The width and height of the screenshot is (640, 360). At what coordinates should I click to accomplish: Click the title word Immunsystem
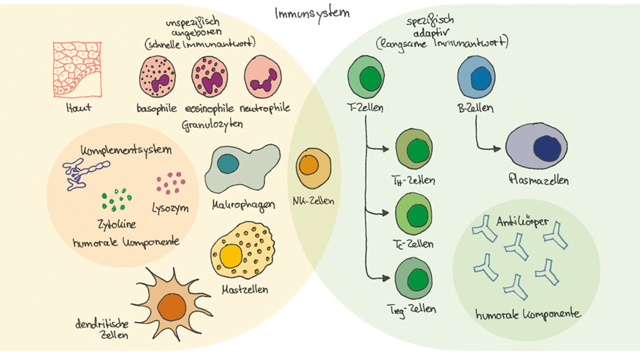click(312, 13)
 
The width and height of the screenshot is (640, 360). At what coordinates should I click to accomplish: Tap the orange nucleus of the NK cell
click(308, 166)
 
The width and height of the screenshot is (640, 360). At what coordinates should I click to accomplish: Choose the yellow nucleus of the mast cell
click(231, 256)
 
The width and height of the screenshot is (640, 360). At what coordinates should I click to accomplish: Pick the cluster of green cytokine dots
click(116, 199)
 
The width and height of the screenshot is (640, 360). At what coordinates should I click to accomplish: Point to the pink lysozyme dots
click(171, 183)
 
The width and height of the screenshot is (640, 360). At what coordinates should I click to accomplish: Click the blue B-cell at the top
click(477, 77)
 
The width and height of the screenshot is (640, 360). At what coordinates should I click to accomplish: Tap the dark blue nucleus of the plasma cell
click(547, 148)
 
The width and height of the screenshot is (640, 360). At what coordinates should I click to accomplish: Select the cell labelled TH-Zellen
click(414, 150)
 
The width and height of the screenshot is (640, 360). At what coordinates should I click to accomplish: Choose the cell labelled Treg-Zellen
click(414, 278)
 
